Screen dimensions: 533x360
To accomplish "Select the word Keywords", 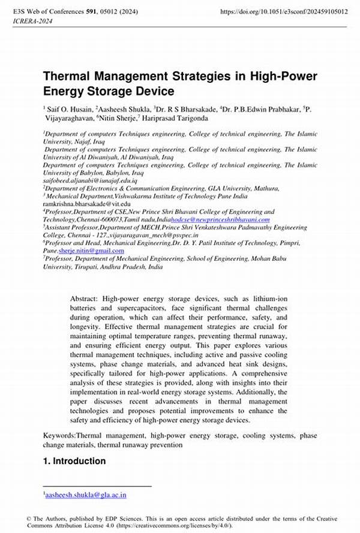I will point(59,435).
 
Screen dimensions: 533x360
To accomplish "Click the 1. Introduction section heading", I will point(74,461).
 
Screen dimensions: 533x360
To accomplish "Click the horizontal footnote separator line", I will point(97,486).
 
